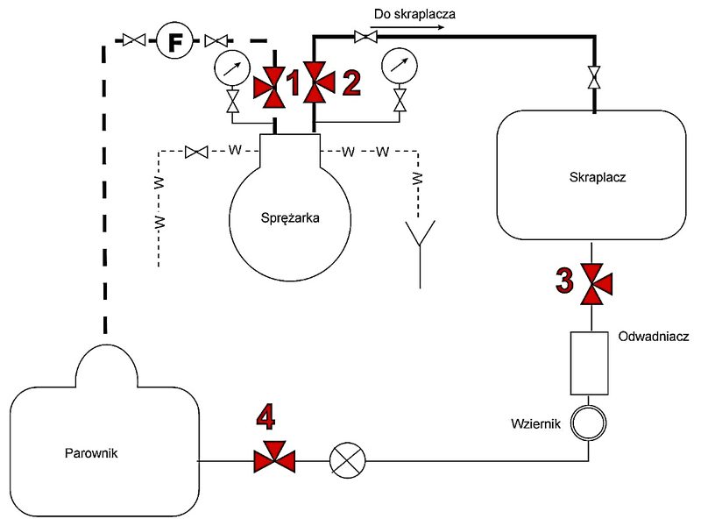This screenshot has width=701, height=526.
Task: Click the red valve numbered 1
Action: [x=270, y=87]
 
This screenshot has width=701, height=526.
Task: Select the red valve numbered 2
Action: [x=318, y=82]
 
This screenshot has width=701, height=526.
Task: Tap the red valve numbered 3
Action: [x=596, y=284]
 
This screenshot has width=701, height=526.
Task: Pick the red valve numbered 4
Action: [x=274, y=458]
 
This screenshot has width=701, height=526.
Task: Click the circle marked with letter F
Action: [x=174, y=40]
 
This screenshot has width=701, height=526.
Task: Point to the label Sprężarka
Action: [x=290, y=218]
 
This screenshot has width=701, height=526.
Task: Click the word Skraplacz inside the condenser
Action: [x=598, y=177]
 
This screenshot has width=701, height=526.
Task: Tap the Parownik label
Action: [x=91, y=453]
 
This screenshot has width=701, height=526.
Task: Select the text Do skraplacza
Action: [x=414, y=14]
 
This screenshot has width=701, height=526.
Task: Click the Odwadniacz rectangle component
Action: [x=589, y=363]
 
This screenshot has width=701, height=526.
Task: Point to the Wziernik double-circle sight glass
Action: [x=588, y=423]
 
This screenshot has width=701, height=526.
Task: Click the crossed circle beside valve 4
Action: [x=347, y=460]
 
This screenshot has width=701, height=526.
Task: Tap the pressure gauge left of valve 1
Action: [x=231, y=68]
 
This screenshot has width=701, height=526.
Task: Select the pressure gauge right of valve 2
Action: [x=400, y=65]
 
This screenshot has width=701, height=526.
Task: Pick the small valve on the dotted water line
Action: [x=196, y=152]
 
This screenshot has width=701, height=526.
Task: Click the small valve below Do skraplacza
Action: [x=365, y=36]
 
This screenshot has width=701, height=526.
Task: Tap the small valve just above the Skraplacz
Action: [x=594, y=77]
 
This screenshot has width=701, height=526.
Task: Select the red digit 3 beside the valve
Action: [x=564, y=280]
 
